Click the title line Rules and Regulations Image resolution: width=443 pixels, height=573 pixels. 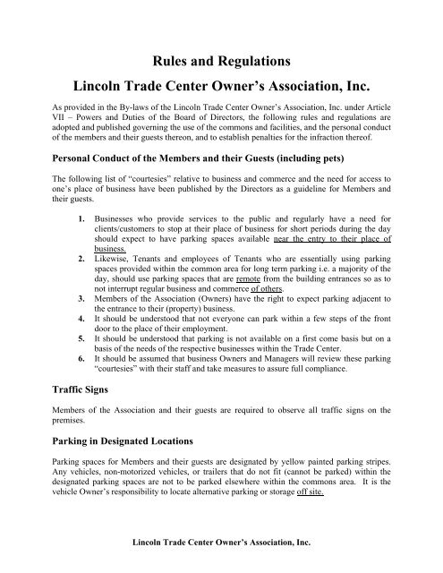(220, 62)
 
